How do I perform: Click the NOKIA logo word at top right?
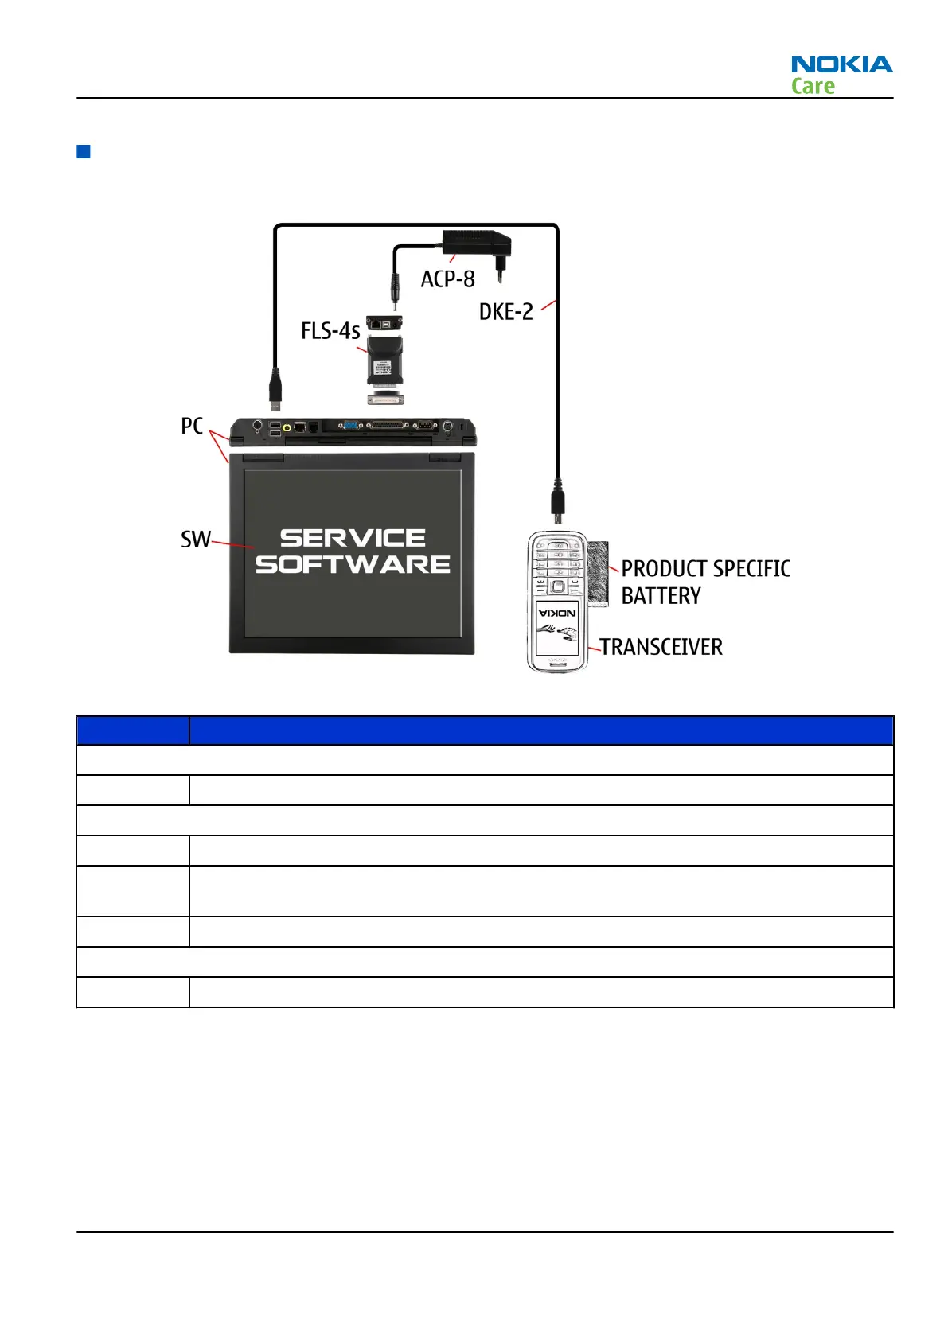(x=841, y=64)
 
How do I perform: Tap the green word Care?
(x=813, y=86)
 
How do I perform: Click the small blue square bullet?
(x=83, y=151)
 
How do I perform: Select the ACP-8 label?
(x=447, y=279)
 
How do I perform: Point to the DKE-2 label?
(x=505, y=312)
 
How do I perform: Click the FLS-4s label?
(x=330, y=331)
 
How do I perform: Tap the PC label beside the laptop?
(x=192, y=427)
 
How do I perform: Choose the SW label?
(x=195, y=540)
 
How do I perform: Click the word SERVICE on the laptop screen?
(x=353, y=539)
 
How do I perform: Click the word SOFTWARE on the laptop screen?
(x=353, y=565)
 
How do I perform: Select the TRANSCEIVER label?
(x=661, y=647)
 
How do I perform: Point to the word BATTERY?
(x=661, y=596)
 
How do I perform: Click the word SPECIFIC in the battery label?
(x=751, y=569)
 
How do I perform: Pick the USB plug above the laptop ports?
(x=275, y=388)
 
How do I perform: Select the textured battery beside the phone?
(x=598, y=574)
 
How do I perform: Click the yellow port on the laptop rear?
(x=287, y=427)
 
